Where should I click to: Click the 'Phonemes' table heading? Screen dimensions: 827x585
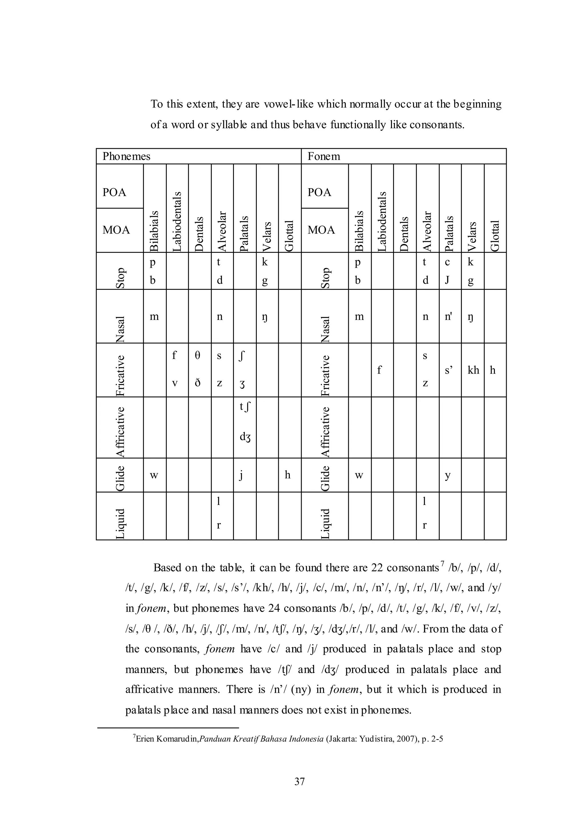pyautogui.click(x=126, y=156)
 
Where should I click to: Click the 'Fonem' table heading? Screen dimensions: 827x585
pyautogui.click(x=323, y=156)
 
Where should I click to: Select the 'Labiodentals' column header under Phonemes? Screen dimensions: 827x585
pyautogui.click(x=177, y=221)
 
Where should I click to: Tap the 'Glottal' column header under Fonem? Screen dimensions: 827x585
pyautogui.click(x=495, y=236)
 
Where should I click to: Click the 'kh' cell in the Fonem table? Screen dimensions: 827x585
pyautogui.click(x=473, y=370)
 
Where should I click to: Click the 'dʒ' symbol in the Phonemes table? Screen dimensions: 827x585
pyautogui.click(x=245, y=437)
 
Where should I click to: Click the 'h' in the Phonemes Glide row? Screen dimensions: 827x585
pyautogui.click(x=287, y=475)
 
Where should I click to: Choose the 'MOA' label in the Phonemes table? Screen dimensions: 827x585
pyautogui.click(x=116, y=230)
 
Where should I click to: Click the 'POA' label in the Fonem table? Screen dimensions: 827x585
pyautogui.click(x=319, y=192)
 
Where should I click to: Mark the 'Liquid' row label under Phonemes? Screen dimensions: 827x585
pyautogui.click(x=120, y=524)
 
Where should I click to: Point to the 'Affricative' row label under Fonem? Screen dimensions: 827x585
pyautogui.click(x=325, y=432)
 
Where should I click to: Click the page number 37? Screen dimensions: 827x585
pyautogui.click(x=299, y=781)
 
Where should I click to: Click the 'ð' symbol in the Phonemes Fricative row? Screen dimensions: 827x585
pyautogui.click(x=197, y=383)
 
